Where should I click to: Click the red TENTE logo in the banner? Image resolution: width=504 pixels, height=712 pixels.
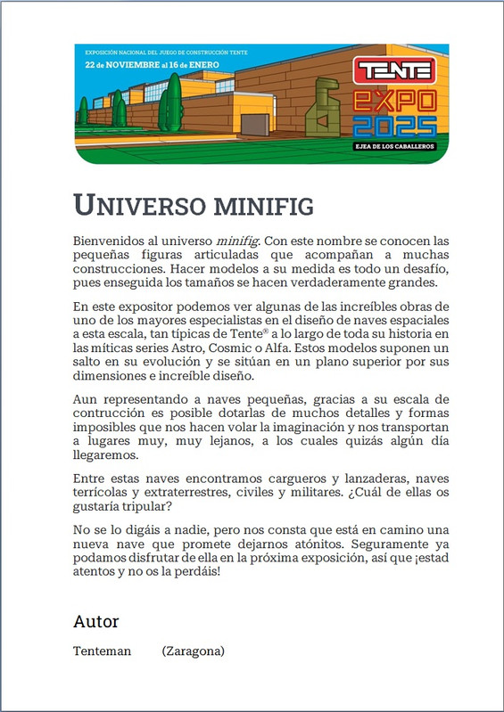393,70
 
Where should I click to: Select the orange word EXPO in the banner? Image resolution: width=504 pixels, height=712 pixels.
393,98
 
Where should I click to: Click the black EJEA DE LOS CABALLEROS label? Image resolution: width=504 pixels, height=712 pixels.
393,146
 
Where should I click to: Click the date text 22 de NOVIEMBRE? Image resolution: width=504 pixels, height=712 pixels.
120,65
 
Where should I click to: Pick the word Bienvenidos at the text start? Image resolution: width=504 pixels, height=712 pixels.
107,241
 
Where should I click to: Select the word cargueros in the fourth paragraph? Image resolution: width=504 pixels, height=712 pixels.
293,480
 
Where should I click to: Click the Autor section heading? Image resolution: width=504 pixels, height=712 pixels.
95,621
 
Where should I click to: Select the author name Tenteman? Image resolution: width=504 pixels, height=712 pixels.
102,651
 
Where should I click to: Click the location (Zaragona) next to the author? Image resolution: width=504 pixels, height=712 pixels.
193,651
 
